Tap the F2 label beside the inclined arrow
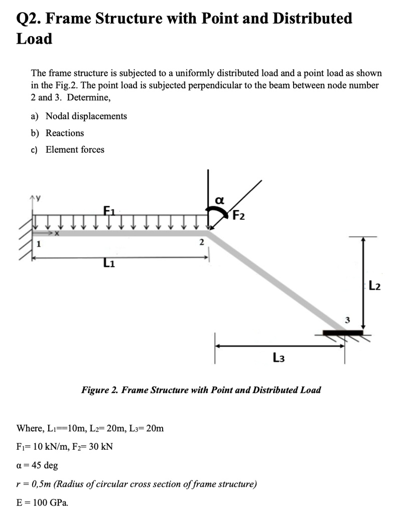[239, 216]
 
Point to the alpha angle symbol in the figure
[219, 200]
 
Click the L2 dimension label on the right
[374, 287]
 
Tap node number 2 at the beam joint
[201, 242]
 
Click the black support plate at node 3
[343, 332]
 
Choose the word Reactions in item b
[65, 133]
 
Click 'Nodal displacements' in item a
[86, 116]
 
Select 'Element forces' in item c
[75, 150]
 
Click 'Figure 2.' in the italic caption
[99, 390]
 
